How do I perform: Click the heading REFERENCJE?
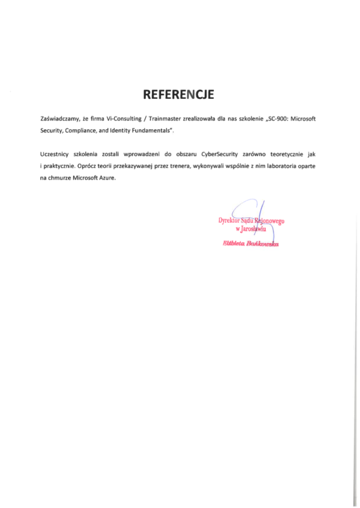pos(179,94)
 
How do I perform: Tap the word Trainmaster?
pos(167,120)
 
